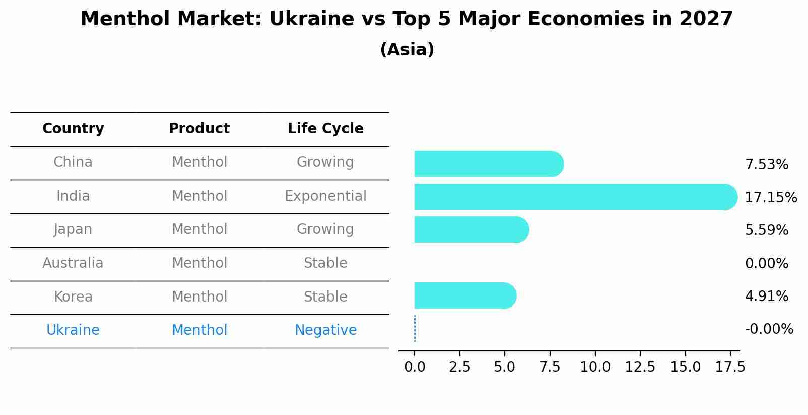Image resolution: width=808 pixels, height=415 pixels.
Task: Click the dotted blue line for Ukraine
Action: (415, 329)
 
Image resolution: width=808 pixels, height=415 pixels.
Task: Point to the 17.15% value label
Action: (770, 197)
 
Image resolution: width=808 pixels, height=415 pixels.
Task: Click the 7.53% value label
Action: (766, 164)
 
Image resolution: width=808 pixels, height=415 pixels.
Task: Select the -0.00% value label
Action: (769, 329)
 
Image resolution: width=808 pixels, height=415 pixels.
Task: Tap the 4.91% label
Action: (766, 296)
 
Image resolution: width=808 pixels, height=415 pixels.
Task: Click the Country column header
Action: (73, 129)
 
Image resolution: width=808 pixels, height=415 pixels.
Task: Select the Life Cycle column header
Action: (325, 129)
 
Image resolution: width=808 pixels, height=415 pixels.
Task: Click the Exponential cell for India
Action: (325, 196)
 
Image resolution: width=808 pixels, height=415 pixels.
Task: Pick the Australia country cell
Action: (73, 263)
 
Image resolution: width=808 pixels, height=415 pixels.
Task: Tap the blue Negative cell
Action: (325, 330)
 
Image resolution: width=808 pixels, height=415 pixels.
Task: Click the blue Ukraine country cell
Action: (73, 330)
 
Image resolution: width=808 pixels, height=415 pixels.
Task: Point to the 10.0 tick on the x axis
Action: (595, 367)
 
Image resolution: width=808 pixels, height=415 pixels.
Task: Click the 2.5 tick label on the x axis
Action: (459, 367)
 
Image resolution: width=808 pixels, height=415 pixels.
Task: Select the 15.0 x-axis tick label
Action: (685, 367)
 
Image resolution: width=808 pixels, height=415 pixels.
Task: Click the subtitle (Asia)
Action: (407, 50)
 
